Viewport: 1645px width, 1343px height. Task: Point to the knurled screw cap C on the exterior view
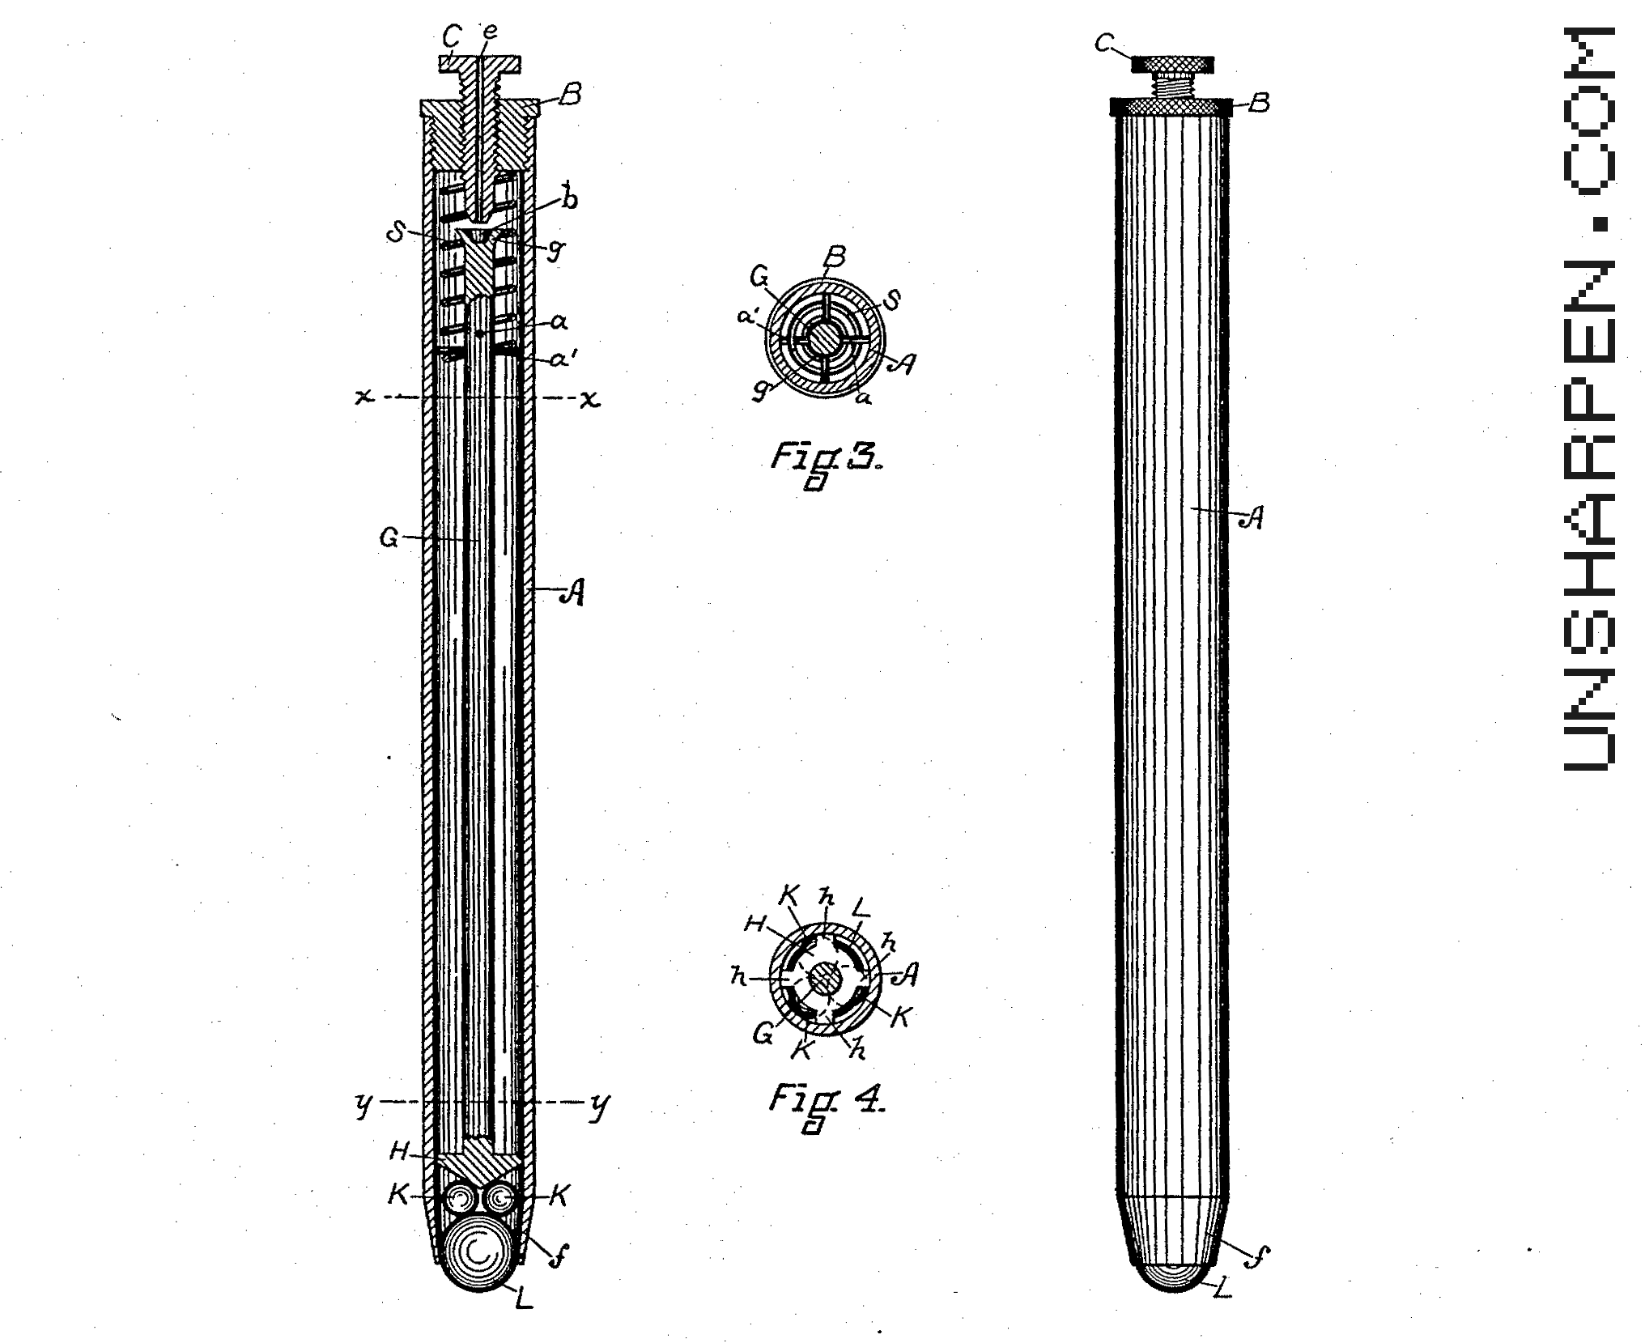coord(1173,63)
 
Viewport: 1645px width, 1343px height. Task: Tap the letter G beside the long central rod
coord(389,538)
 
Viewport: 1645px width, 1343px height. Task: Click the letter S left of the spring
coord(395,232)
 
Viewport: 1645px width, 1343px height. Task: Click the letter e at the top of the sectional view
coord(489,32)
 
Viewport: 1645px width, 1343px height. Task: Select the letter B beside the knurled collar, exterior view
coord(1259,103)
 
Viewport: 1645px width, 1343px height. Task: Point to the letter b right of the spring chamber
coord(570,199)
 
